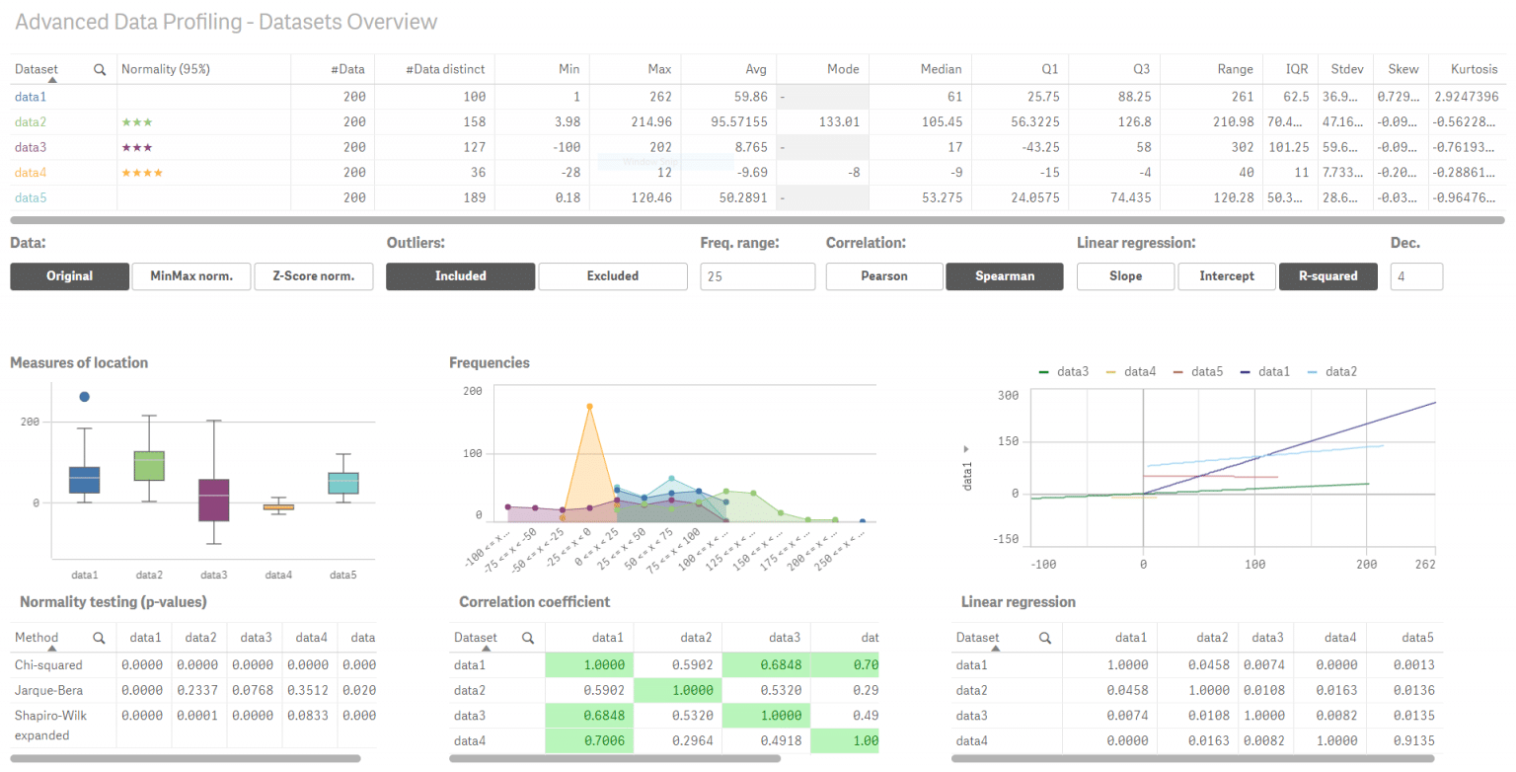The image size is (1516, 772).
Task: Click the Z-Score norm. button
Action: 313,276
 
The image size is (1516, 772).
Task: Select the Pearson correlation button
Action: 884,276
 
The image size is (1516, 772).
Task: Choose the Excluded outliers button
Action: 612,276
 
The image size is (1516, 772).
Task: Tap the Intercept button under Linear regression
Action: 1227,276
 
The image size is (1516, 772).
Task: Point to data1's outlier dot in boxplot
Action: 84,397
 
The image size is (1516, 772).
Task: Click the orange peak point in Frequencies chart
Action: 589,407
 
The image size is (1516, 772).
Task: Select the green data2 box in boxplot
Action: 149,466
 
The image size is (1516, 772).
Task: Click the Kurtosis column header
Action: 1474,69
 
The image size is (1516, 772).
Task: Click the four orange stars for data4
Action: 142,173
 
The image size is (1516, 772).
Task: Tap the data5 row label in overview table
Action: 31,198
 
